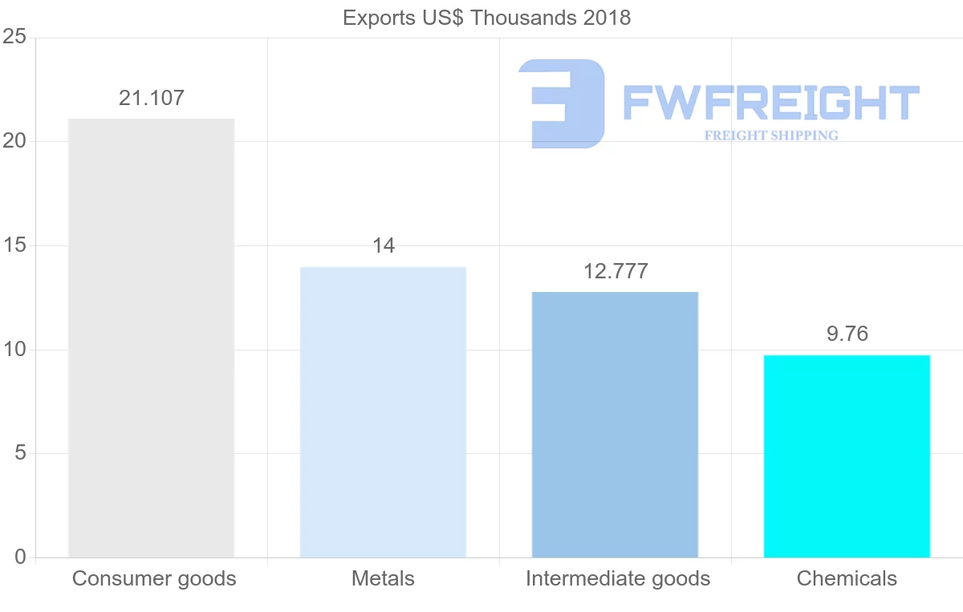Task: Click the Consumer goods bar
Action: pos(151,338)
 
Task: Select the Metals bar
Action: pos(383,411)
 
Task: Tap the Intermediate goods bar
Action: pos(615,424)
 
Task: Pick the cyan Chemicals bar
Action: pos(847,456)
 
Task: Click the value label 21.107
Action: pos(152,98)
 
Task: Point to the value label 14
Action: pos(384,245)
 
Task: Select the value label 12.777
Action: pos(616,271)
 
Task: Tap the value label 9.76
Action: pos(847,334)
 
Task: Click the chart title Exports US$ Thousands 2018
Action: pos(486,18)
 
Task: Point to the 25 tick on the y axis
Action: pos(14,38)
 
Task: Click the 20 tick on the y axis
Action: pos(14,141)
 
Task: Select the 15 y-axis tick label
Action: pos(14,245)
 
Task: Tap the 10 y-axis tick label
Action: pos(14,350)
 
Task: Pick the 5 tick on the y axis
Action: pos(20,453)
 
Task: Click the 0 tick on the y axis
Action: pos(20,557)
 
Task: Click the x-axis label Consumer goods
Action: pos(154,578)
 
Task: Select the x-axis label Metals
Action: pos(383,578)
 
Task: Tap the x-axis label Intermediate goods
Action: pos(618,578)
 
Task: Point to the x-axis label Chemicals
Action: pos(847,578)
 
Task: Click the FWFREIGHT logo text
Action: pos(770,103)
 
